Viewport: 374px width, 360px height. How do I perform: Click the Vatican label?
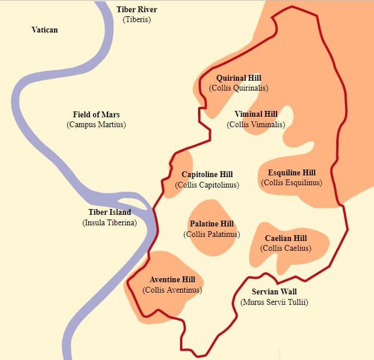pyautogui.click(x=45, y=30)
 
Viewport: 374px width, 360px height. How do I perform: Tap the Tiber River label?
pyautogui.click(x=136, y=10)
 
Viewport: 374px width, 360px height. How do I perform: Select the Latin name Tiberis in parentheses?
pyautogui.click(x=136, y=20)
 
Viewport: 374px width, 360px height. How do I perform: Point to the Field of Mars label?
pyautogui.click(x=96, y=114)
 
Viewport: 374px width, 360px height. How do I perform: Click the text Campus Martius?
pyautogui.click(x=96, y=124)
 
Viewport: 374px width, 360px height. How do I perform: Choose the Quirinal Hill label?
pyautogui.click(x=239, y=78)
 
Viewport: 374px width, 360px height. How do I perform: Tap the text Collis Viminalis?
pyautogui.click(x=256, y=124)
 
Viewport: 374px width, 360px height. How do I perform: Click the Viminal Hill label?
pyautogui.click(x=256, y=114)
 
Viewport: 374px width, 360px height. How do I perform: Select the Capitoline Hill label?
pyautogui.click(x=207, y=174)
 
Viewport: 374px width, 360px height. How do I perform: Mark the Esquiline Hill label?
pyautogui.click(x=292, y=172)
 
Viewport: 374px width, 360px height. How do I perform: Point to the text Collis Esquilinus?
pyautogui.click(x=292, y=182)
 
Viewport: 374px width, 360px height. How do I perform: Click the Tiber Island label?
pyautogui.click(x=110, y=213)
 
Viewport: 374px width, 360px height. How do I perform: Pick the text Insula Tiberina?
pyautogui.click(x=110, y=222)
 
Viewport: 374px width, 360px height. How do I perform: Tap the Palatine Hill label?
pyautogui.click(x=212, y=224)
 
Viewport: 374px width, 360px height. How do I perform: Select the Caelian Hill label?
pyautogui.click(x=286, y=238)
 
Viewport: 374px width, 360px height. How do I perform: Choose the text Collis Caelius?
pyautogui.click(x=286, y=249)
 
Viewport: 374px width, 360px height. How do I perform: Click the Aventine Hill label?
pyautogui.click(x=172, y=279)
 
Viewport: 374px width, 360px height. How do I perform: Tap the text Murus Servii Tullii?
pyautogui.click(x=274, y=302)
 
